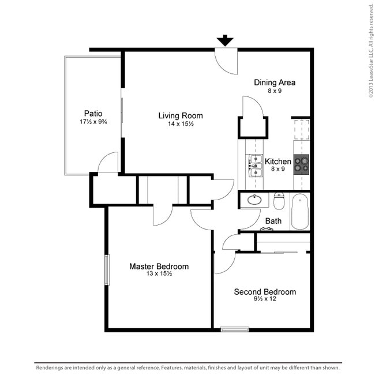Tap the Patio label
coord(93,113)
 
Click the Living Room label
coord(181,115)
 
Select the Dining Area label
coord(275,82)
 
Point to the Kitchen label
coord(278,161)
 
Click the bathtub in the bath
coord(301,211)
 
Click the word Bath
coord(273,221)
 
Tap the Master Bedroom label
coord(159,267)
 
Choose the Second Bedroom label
coord(265,292)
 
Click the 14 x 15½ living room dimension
coord(181,124)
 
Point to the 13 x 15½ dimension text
coord(159,275)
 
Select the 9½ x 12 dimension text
coord(265,300)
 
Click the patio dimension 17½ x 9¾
coord(93,122)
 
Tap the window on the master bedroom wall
coord(106,269)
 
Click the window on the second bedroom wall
coord(235,329)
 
